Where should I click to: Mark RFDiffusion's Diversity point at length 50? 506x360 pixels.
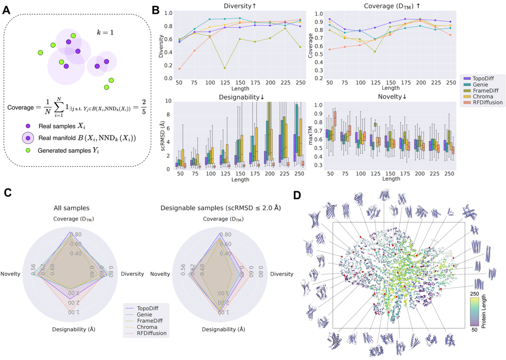point(179,69)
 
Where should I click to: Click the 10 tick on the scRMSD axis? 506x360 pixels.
point(169,101)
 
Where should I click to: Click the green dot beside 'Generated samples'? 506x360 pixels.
point(28,151)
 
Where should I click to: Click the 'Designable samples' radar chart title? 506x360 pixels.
point(219,208)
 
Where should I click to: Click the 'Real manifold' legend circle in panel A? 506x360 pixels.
point(28,139)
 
